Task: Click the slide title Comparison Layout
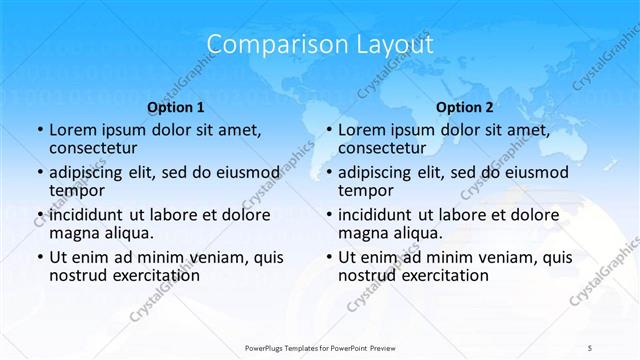tap(320, 45)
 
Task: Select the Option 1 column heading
tap(175, 107)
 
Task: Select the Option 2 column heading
tap(464, 107)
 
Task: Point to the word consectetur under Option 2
tap(384, 149)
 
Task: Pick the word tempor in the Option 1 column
tap(74, 191)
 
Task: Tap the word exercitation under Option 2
tap(442, 275)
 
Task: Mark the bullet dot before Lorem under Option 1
tap(39, 131)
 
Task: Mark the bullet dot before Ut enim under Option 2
tap(328, 257)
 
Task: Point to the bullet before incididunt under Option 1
tap(39, 215)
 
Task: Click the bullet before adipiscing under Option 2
tap(328, 173)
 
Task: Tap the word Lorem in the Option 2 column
tap(361, 130)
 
